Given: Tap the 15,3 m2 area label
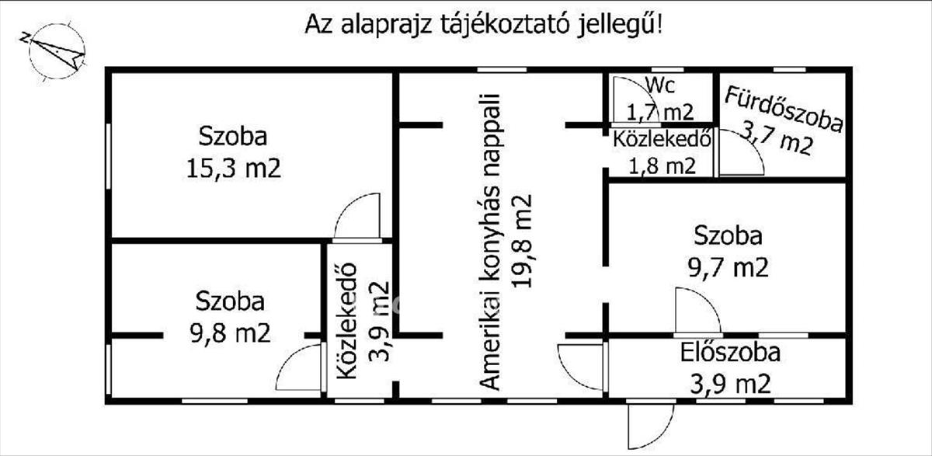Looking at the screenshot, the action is (x=234, y=169).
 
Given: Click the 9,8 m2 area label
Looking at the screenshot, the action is (x=230, y=332).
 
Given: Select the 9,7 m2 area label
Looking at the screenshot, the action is (x=728, y=267).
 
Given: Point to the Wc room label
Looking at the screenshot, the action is (x=660, y=85).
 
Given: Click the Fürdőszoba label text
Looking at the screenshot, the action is (x=784, y=110).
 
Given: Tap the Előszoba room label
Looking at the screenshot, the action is (x=730, y=353).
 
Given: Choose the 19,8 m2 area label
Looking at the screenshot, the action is (x=522, y=241).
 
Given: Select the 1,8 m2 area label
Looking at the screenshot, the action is (x=662, y=166).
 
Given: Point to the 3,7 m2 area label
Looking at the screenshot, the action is (x=777, y=139).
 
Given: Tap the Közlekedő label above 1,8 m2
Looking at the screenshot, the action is (x=662, y=139).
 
